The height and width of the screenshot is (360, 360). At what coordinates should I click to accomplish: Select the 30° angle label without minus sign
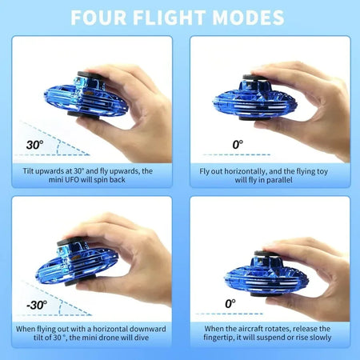34,146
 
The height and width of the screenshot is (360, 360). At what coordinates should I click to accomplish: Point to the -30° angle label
35,305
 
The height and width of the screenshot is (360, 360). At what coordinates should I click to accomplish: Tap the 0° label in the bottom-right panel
230,304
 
